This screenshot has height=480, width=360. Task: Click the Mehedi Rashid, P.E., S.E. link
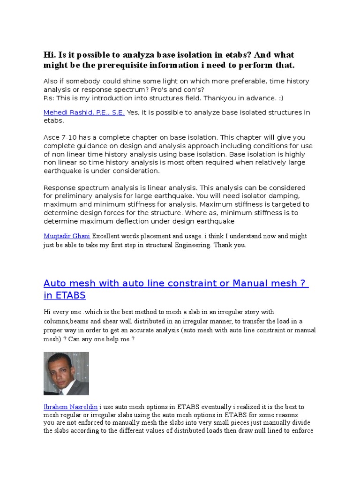84,112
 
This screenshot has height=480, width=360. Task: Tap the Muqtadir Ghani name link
67,236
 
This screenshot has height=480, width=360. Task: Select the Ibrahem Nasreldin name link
70,407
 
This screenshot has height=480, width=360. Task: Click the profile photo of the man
66,374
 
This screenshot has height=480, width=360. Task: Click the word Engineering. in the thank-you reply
189,245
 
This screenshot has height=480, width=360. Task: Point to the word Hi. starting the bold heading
50,55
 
